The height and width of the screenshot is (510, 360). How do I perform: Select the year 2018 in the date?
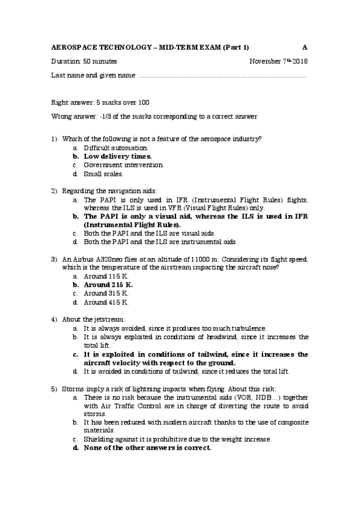pos(300,61)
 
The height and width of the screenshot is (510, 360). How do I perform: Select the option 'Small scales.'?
pos(103,174)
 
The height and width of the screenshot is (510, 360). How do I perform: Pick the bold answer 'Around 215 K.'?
pos(108,284)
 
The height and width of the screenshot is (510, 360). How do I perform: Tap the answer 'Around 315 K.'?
pos(106,293)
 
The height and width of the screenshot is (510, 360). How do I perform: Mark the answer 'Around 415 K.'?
pos(106,302)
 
